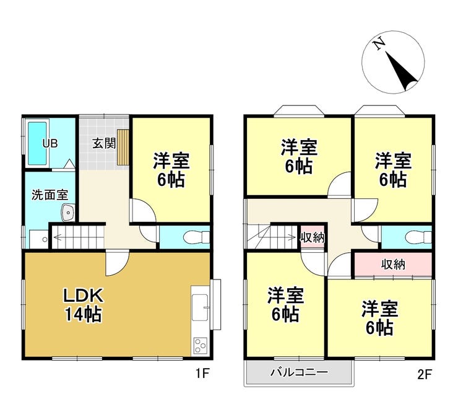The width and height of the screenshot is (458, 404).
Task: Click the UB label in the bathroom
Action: coord(50,143)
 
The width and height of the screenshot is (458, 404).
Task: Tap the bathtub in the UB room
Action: coord(37,143)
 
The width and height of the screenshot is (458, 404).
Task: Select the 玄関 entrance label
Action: coord(104,143)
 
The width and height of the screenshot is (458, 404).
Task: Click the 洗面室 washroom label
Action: coord(50,195)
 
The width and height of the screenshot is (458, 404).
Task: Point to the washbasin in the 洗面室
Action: coord(68,213)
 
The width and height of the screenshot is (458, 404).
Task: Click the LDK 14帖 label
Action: coord(84,305)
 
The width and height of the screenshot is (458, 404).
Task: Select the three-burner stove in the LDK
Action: coord(201,346)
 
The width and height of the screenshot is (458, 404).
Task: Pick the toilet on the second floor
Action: coord(419,237)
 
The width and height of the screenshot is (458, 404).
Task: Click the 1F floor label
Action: coord(202,373)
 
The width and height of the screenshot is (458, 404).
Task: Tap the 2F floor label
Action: coord(424,374)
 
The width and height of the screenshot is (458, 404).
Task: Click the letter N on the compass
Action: coord(379,44)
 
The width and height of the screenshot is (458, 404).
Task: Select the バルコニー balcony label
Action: coord(299,372)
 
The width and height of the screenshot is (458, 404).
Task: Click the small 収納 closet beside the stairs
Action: coord(313,238)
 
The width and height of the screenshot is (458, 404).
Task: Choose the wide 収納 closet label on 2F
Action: coord(393,265)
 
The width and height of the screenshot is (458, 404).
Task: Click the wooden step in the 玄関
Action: coord(123,147)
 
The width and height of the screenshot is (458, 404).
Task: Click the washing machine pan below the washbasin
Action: coord(39,239)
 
